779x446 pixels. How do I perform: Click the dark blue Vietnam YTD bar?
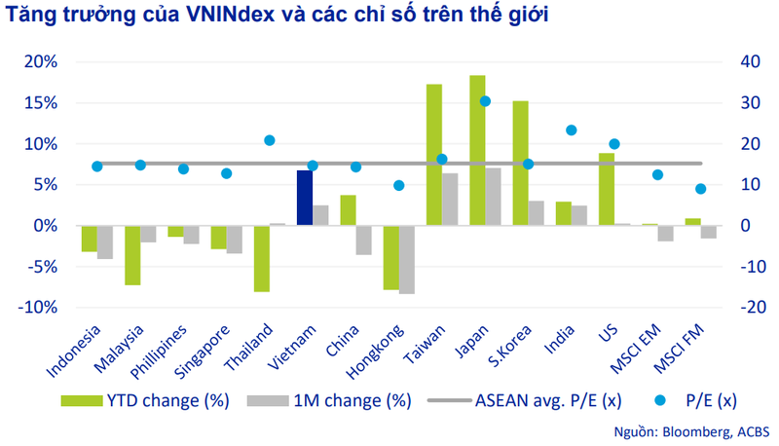304,198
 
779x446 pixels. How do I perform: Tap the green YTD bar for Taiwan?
434,155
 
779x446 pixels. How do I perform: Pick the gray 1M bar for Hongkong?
407,259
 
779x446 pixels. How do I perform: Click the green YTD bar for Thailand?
261,258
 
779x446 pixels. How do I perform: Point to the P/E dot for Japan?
486,101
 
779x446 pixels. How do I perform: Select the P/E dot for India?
572,130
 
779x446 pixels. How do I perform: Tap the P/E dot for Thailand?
270,140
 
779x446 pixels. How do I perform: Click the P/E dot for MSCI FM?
700,189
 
